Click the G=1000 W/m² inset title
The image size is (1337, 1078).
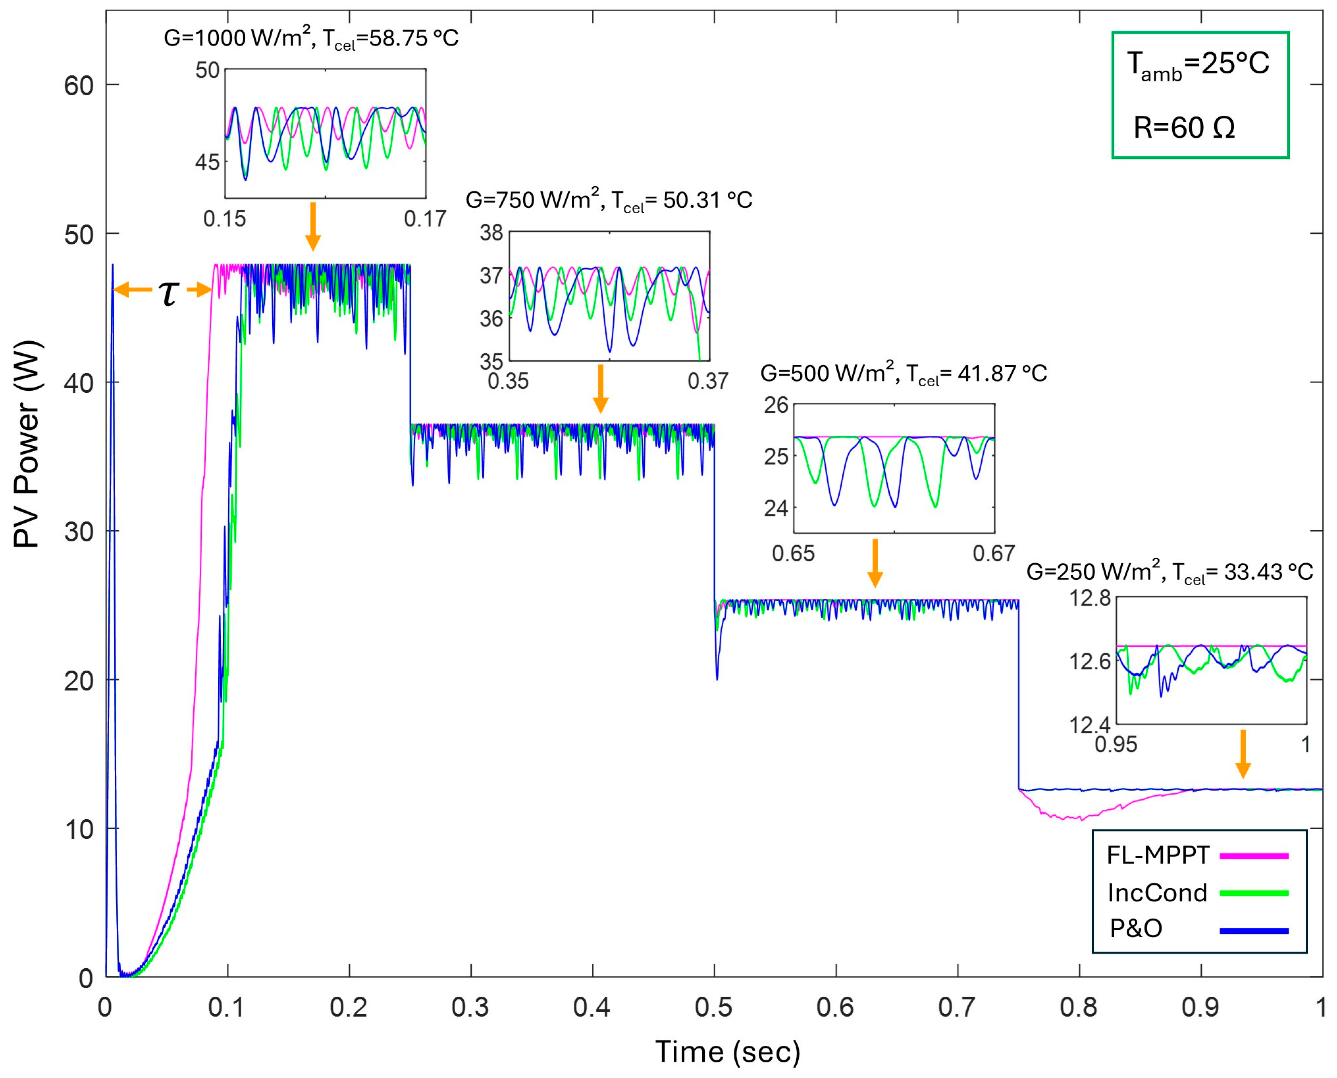tap(310, 39)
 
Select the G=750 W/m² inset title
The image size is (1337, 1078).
tap(609, 200)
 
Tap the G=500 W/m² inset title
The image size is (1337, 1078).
tap(903, 373)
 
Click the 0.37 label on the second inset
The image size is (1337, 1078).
tap(707, 381)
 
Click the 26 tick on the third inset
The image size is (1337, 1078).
tap(776, 405)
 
